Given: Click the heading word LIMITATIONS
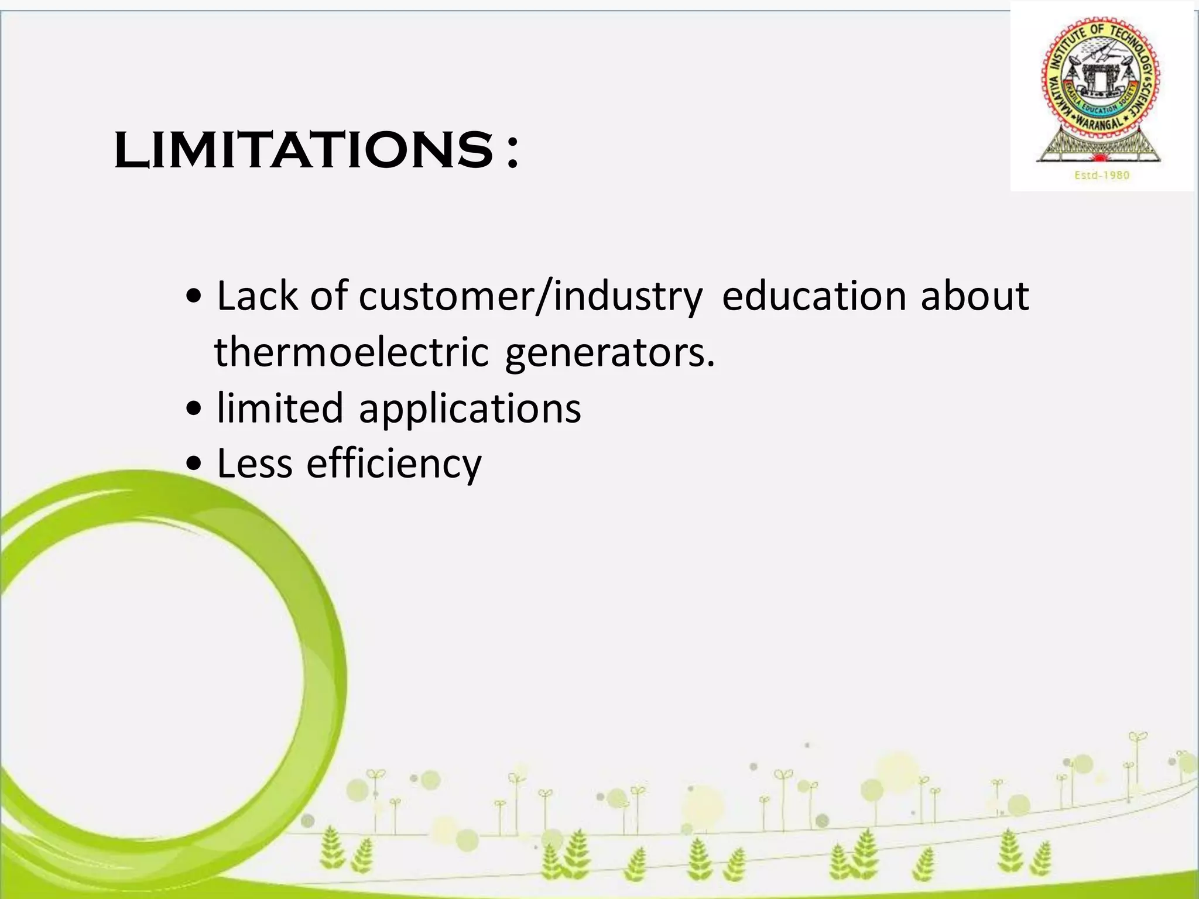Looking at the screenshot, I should [x=304, y=150].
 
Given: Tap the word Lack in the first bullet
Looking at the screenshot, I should [x=257, y=296].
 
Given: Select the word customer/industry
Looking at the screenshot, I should [x=530, y=297].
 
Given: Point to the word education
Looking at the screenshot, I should [x=814, y=296].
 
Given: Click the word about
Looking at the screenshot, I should [x=974, y=296].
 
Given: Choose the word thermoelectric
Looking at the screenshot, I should [x=351, y=352].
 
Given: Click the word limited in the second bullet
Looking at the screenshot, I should [x=280, y=408].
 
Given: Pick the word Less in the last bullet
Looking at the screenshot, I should [x=255, y=464].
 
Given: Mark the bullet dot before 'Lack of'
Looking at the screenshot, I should [x=194, y=298].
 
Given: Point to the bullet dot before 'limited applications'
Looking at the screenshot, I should [x=194, y=410].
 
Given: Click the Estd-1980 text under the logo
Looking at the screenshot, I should [x=1102, y=175].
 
